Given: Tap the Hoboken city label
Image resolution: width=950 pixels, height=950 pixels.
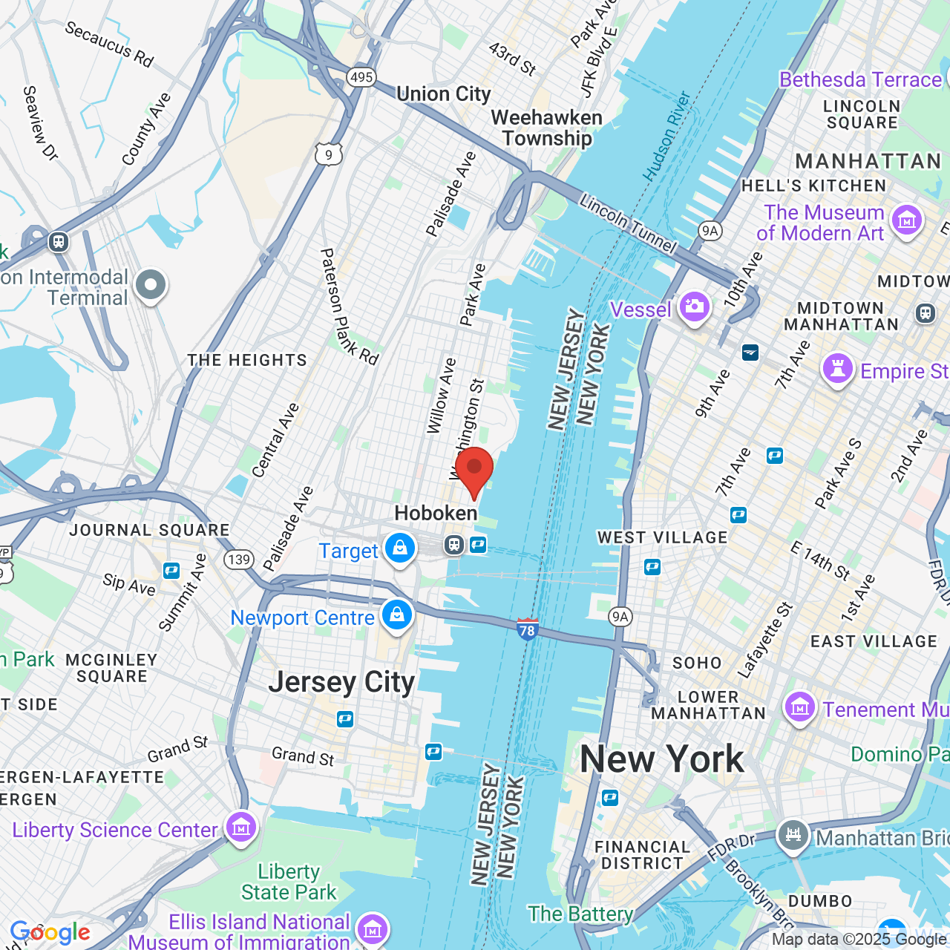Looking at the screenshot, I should pos(436,513).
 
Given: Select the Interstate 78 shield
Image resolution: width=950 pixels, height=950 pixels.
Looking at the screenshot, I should pos(527,629).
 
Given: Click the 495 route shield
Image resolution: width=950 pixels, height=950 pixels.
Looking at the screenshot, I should pos(361,76).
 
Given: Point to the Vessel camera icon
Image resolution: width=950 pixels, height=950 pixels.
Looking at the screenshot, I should pos(695,307).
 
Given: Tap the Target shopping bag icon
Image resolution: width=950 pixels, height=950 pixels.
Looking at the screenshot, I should pos(400,549).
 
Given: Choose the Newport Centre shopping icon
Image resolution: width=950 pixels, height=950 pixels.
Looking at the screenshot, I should pos(397,615).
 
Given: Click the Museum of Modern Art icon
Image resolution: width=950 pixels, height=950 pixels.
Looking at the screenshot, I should pos(906,220).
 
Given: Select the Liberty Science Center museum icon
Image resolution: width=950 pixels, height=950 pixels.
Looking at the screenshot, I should pos(240,827).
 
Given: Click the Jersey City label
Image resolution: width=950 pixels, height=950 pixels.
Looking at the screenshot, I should pos(341,682).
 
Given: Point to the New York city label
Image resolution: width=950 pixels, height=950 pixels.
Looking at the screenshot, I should pos(661,759).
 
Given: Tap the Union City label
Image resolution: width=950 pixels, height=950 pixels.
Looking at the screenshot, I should pos(444,94).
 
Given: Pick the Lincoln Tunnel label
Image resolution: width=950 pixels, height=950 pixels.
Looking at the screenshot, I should pos(628,223).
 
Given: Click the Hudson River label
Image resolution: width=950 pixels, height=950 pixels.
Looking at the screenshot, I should pos(666,137).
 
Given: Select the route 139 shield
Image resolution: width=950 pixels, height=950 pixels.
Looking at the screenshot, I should pos(239,559).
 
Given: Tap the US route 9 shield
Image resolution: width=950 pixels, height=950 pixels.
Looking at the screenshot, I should pos(329,154).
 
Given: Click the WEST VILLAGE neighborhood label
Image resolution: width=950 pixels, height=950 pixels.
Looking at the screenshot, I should pos(663,537).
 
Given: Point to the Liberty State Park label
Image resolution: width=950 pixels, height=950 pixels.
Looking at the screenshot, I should pos(289,882).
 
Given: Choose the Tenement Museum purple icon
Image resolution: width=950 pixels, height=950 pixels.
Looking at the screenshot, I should pos(800,707).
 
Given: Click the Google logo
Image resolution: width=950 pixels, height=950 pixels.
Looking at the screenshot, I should pos(50,932).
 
